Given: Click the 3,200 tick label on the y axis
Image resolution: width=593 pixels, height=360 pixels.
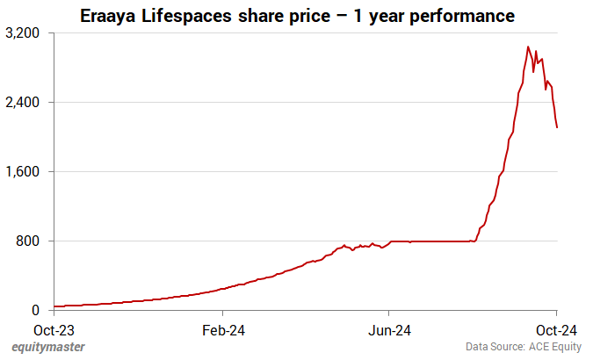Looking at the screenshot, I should click(x=25, y=32).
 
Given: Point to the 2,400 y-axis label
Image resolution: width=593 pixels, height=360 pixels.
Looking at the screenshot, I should click(x=25, y=102).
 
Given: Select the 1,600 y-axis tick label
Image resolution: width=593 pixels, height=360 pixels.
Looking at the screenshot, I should click(x=25, y=171).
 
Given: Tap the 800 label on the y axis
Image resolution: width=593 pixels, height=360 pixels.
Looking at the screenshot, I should click(x=31, y=241).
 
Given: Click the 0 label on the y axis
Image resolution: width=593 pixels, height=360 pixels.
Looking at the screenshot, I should click(x=37, y=310).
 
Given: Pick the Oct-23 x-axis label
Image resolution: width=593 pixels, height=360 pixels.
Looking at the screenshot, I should click(x=54, y=330).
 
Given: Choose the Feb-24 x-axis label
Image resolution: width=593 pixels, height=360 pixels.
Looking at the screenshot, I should click(x=222, y=330).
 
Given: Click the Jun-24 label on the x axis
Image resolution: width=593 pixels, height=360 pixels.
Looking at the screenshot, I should click(x=389, y=330).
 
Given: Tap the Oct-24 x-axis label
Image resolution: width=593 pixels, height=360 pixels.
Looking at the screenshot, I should click(x=556, y=330).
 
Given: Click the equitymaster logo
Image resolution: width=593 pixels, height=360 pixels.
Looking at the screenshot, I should click(x=48, y=348).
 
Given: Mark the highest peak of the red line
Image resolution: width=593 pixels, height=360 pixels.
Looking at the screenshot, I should click(x=527, y=47).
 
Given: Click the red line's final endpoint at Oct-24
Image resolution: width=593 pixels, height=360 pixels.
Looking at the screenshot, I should click(x=557, y=128).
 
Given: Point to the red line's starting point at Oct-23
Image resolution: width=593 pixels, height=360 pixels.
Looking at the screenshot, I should click(x=54, y=306).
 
